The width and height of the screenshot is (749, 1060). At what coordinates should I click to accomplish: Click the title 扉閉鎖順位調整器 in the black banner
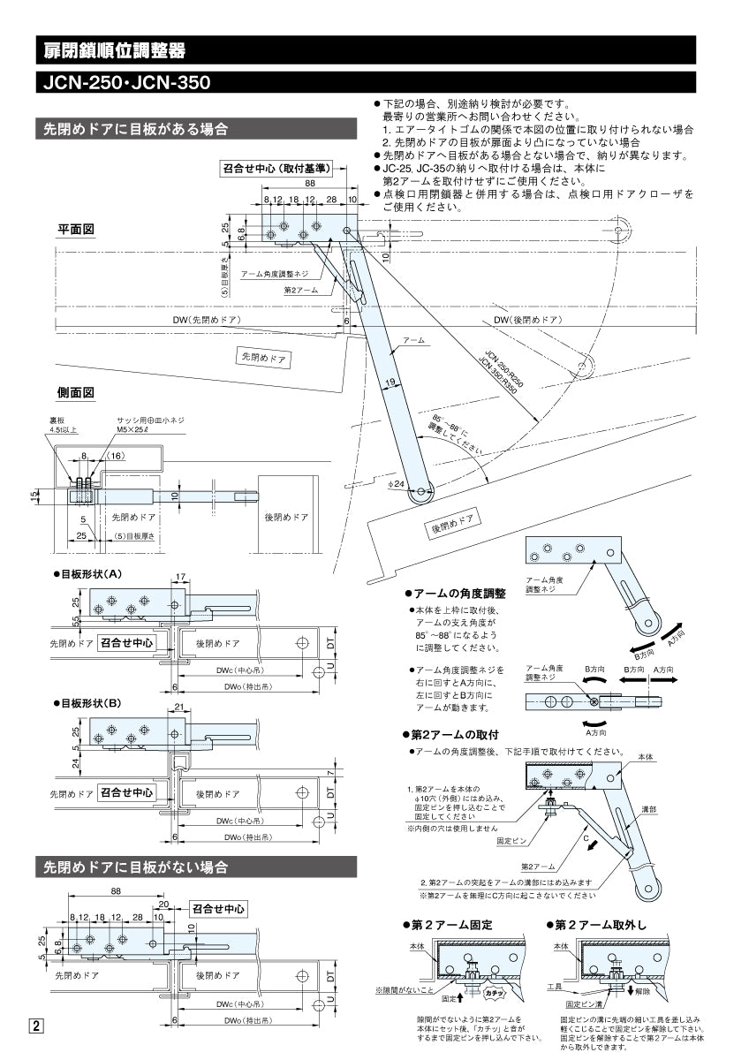click(115, 50)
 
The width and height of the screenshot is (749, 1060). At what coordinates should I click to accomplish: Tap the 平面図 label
click(76, 230)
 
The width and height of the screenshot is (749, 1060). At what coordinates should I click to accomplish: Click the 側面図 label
click(76, 392)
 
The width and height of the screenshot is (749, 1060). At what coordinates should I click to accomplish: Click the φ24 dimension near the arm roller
click(395, 484)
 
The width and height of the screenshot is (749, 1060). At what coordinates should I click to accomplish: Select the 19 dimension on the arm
click(390, 382)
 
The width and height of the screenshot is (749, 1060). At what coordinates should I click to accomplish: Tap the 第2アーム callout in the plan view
click(300, 290)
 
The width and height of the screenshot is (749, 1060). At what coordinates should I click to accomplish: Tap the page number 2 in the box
click(36, 1026)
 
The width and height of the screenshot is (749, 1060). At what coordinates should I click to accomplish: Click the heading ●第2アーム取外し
click(597, 925)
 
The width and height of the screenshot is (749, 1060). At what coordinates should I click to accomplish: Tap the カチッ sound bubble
click(494, 994)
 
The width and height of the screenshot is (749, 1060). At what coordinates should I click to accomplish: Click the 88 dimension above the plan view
click(310, 183)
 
